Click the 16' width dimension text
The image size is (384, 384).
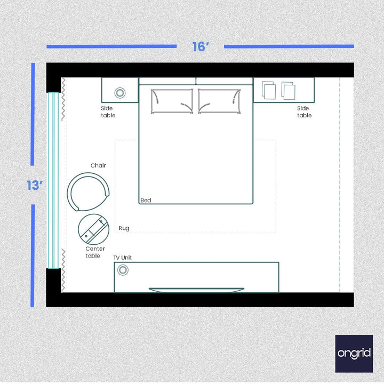pos(200,47)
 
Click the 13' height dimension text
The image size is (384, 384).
pos(34,186)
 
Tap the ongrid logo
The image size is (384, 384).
pos(354,354)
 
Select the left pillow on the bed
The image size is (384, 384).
pos(172,101)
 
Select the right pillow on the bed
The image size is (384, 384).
pos(219,101)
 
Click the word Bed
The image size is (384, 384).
pos(146,201)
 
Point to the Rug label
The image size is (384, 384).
pos(124,228)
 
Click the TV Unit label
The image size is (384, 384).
pos(123,258)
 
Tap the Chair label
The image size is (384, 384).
pos(98,165)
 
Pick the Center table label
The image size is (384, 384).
pos(95,252)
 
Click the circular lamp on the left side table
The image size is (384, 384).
pos(120,93)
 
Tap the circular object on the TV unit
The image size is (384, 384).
pos(123,270)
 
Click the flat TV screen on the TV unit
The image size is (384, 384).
pos(196,290)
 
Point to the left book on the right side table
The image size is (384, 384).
pos(269,91)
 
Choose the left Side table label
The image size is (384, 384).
pos(108,112)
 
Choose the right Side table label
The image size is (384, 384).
pos(304,112)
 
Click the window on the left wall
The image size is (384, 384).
pos(53,180)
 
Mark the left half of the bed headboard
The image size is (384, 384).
pos(167,81)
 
